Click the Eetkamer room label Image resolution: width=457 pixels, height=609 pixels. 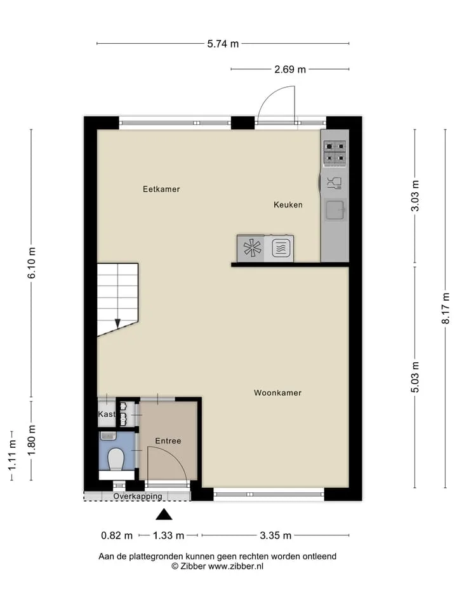[161, 189]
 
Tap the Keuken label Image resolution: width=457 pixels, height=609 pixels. [288, 205]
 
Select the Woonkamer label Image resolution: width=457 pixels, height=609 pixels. [277, 393]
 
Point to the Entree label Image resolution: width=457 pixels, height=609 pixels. [168, 441]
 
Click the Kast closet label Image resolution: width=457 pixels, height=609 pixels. [107, 414]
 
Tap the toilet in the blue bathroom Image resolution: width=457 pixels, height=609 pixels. [116, 459]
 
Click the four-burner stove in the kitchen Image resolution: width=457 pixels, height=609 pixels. [335, 152]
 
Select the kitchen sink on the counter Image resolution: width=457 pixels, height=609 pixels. [335, 210]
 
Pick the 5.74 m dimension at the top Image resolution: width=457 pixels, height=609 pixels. [223, 44]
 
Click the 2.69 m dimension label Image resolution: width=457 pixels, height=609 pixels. [290, 70]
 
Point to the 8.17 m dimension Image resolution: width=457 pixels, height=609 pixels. [446, 308]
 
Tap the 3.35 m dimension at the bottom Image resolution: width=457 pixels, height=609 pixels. [275, 535]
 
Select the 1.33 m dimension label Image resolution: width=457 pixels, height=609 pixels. [168, 535]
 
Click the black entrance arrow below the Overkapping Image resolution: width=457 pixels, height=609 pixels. [164, 514]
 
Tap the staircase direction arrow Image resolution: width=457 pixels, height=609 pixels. [117, 323]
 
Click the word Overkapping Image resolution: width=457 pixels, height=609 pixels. [138, 496]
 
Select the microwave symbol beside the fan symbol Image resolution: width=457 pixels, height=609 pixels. [281, 248]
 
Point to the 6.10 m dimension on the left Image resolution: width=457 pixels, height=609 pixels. [32, 263]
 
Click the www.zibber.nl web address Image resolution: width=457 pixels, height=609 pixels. [235, 566]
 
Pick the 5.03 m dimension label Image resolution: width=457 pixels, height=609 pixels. [415, 377]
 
